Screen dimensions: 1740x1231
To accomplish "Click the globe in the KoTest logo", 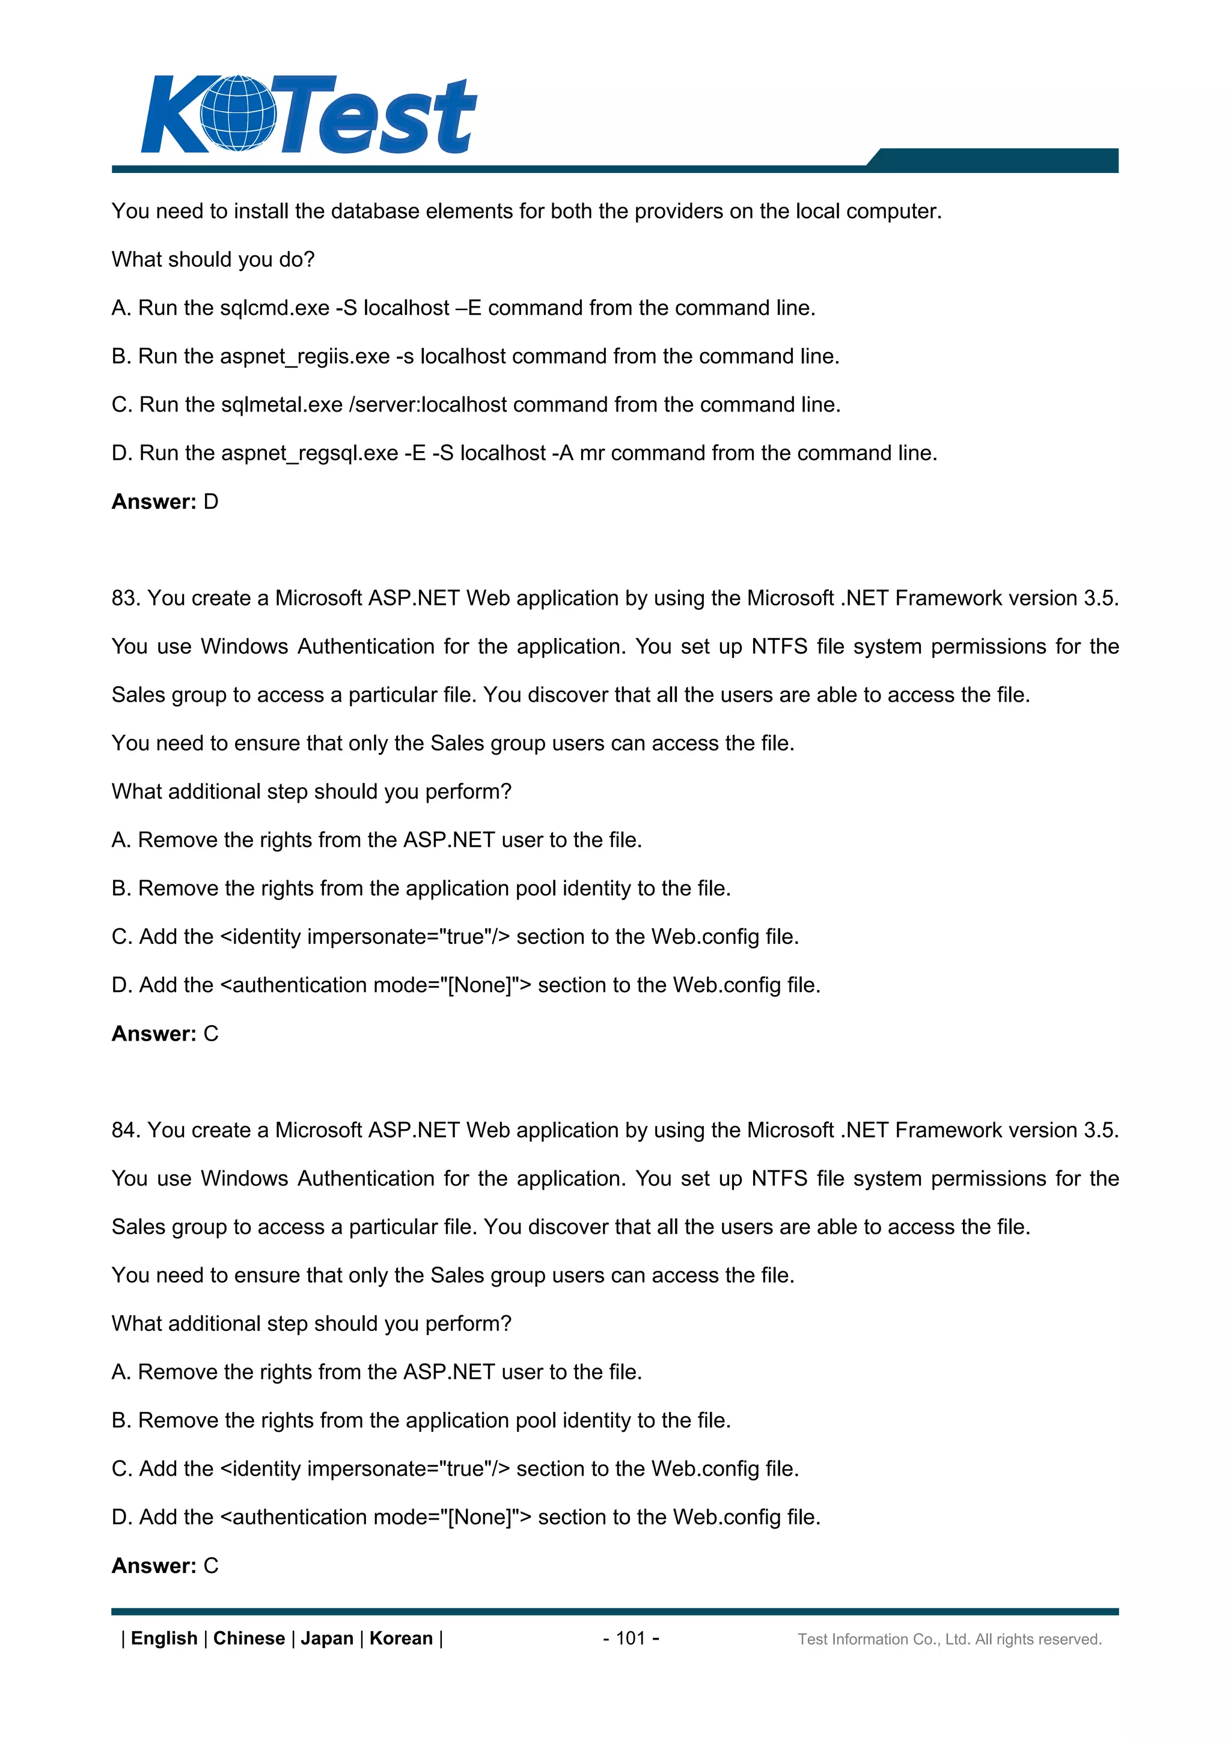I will pyautogui.click(x=238, y=114).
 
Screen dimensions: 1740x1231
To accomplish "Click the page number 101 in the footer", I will pyautogui.click(x=630, y=1638).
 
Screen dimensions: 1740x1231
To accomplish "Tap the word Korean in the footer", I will pyautogui.click(x=400, y=1638).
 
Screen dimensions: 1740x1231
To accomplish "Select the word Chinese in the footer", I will pyautogui.click(x=249, y=1638).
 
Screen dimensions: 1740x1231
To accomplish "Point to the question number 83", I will pyautogui.click(x=124, y=598).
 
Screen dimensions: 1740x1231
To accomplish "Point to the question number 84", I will pyautogui.click(x=124, y=1130).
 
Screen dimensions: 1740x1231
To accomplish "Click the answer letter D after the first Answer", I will pyautogui.click(x=211, y=502).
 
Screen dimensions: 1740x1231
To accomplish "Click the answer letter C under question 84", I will pyautogui.click(x=211, y=1566).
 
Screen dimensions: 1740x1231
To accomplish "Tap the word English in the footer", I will pyautogui.click(x=163, y=1638).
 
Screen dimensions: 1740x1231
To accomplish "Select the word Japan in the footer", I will pyautogui.click(x=327, y=1638).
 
